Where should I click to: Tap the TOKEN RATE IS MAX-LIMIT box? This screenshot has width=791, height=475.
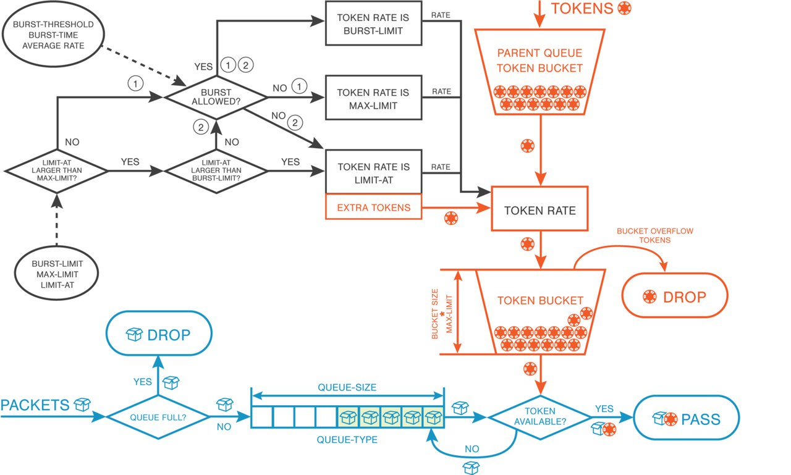tap(373, 99)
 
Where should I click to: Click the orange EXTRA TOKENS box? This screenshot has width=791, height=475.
tap(373, 208)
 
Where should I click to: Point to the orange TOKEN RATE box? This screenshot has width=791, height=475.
tap(539, 210)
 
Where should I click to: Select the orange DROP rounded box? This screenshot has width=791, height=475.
tap(675, 297)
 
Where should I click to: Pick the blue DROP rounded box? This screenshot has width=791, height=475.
tap(158, 335)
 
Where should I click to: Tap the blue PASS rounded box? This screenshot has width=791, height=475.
tap(687, 420)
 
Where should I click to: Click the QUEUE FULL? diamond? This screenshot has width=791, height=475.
tap(159, 416)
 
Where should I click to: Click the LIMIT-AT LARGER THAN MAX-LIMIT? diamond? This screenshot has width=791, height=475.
tap(56, 169)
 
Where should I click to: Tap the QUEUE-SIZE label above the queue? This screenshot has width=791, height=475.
tap(347, 387)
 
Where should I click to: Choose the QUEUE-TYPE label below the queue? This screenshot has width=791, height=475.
tap(347, 440)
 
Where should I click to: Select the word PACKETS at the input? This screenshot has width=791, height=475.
tap(35, 405)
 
